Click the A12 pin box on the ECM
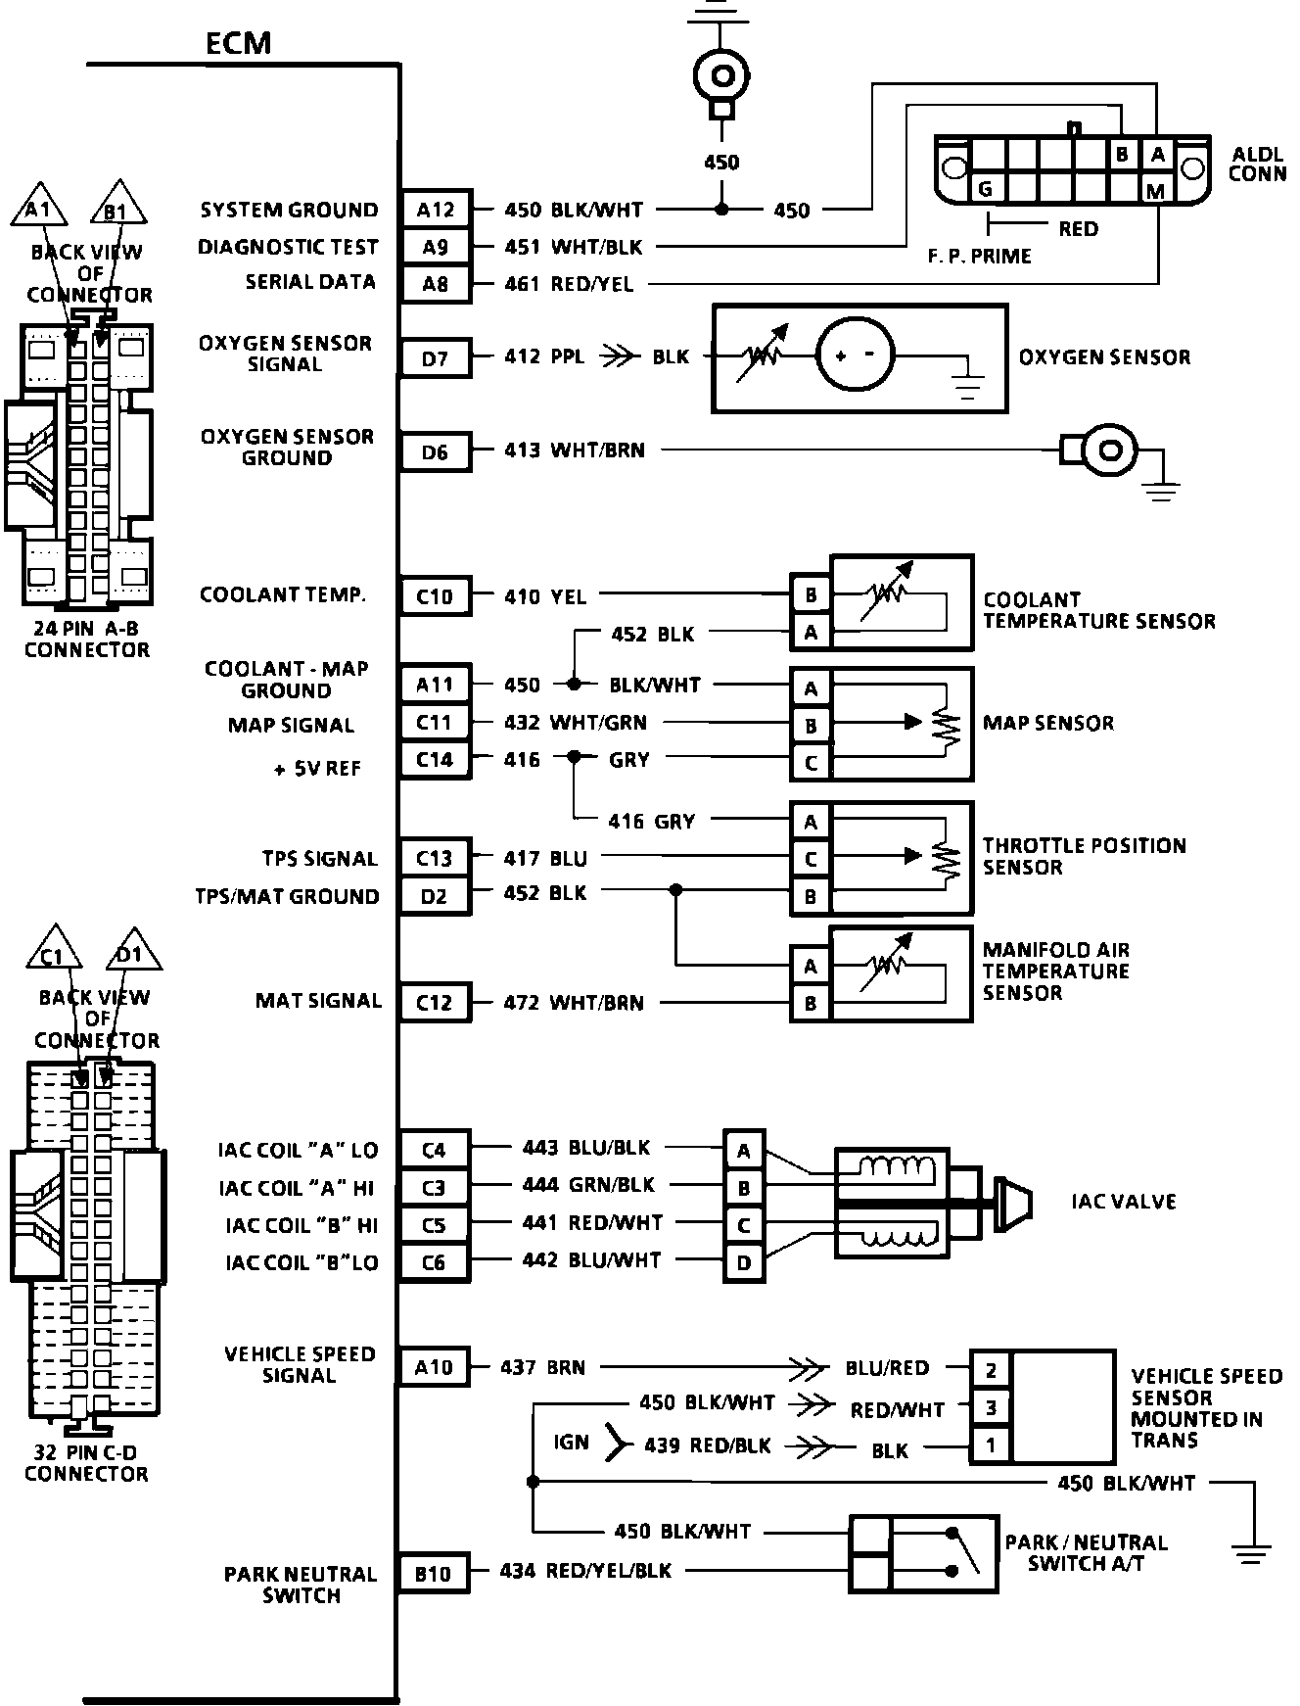[x=436, y=209]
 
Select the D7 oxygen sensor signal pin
[x=436, y=358]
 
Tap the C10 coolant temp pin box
[x=436, y=595]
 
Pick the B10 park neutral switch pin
[x=433, y=1573]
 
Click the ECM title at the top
[x=238, y=43]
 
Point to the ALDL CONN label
[x=1256, y=165]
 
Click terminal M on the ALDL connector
[x=1155, y=191]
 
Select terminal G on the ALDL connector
[x=986, y=189]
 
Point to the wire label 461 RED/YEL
[x=569, y=285]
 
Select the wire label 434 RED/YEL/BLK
[x=585, y=1571]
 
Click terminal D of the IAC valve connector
[x=744, y=1262]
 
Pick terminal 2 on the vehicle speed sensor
[x=991, y=1370]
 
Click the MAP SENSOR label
[x=1048, y=724]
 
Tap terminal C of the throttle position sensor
[x=811, y=859]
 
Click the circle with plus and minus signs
[x=855, y=355]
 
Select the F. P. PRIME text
[x=979, y=257]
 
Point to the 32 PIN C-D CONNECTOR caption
[x=86, y=1464]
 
